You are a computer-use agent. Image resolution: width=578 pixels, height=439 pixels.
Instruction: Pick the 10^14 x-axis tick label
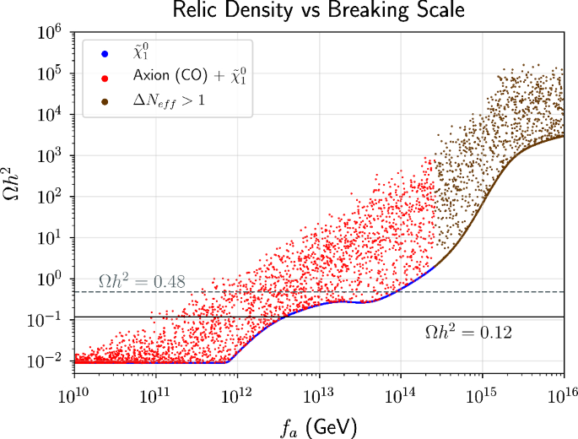pos(401,394)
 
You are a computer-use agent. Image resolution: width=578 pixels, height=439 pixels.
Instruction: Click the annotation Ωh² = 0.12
pos(468,333)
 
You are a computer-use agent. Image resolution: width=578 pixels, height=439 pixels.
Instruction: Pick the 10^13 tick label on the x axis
pos(319,394)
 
